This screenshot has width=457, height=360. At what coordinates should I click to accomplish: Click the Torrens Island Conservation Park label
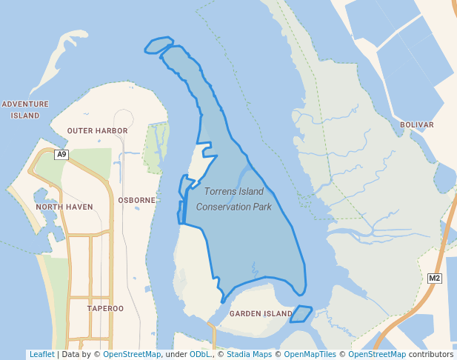(x=234, y=199)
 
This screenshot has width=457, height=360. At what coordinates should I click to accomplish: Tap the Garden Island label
(x=261, y=314)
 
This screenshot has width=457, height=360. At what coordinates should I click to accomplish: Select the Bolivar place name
(x=416, y=125)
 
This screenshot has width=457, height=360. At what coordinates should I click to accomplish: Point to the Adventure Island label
(x=25, y=110)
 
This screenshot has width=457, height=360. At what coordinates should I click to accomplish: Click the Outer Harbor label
(x=97, y=130)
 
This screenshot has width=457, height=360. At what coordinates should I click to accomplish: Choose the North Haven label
(x=64, y=207)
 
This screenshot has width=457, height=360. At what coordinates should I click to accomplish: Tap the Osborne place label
(x=136, y=200)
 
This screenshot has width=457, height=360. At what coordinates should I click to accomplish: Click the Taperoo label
(x=105, y=308)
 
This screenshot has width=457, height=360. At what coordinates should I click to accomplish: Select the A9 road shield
(x=61, y=155)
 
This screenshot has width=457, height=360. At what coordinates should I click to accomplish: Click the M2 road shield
(x=435, y=279)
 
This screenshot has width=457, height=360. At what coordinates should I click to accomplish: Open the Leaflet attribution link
(x=41, y=355)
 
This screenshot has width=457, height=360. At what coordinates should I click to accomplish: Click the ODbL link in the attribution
(x=200, y=355)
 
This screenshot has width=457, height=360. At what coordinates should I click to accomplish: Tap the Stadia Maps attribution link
(x=249, y=355)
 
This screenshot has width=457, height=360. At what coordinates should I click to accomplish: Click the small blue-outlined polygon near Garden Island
(x=300, y=314)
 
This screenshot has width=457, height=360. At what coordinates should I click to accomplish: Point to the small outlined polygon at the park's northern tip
(x=159, y=46)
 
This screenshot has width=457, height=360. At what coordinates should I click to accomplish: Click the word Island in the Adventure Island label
(x=25, y=116)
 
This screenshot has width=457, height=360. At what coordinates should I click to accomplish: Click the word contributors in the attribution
(x=431, y=355)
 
